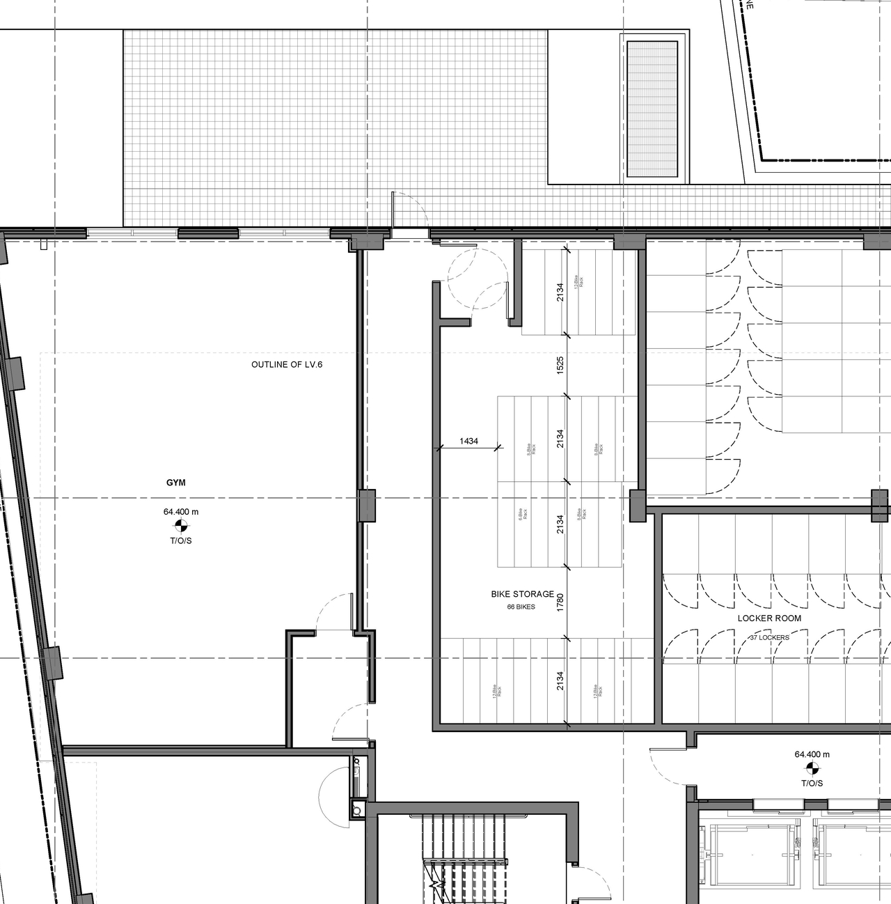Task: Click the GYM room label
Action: coord(175,483)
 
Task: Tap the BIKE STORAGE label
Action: coord(522,594)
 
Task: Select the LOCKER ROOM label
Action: coord(769,618)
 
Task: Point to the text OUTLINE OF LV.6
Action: coord(287,364)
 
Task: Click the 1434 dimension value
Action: coord(468,441)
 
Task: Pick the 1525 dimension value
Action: coord(560,366)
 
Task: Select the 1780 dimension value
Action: coord(560,602)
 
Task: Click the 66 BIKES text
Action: coord(521,607)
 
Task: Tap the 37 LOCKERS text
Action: coord(769,637)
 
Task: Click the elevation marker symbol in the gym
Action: coord(181,526)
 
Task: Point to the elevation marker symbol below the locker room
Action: coord(812,769)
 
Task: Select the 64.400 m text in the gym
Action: coord(181,512)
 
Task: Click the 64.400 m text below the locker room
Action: coord(812,754)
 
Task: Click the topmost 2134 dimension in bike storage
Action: coord(560,292)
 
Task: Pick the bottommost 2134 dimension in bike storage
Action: coord(560,680)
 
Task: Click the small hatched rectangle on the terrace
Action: coord(652,109)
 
